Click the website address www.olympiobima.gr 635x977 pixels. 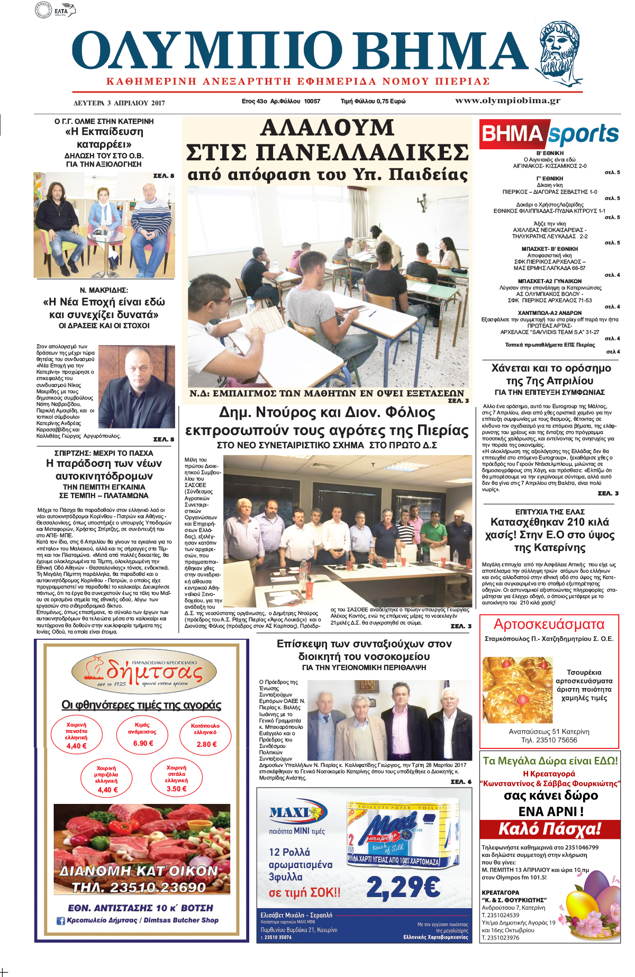coord(507,101)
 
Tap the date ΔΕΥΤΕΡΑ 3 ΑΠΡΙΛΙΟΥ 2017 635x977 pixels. coord(119,103)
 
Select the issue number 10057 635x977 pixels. coord(312,101)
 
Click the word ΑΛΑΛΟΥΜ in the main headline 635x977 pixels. coord(327,129)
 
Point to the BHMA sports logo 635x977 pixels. coord(550,134)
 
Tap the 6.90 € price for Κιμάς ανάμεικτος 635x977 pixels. coord(143,743)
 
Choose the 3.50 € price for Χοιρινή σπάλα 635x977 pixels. coord(176,789)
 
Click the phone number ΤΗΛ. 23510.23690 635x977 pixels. coord(139,887)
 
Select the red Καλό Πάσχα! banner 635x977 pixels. coord(550,829)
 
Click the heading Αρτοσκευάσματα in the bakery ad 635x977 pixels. coord(549,625)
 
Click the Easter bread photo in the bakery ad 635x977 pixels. coord(517,689)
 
